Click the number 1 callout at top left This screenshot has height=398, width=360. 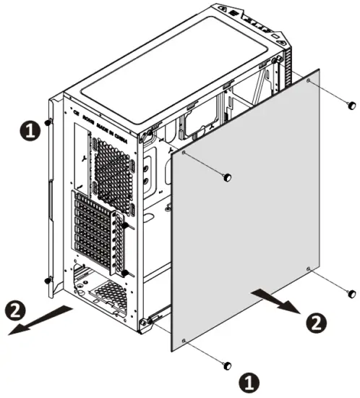(27, 131)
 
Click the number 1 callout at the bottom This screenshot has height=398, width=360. (248, 380)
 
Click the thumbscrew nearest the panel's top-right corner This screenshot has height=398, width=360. (351, 106)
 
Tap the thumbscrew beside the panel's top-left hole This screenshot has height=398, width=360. (227, 177)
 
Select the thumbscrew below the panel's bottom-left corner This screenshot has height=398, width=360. (228, 363)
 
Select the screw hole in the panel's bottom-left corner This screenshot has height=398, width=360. (185, 340)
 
